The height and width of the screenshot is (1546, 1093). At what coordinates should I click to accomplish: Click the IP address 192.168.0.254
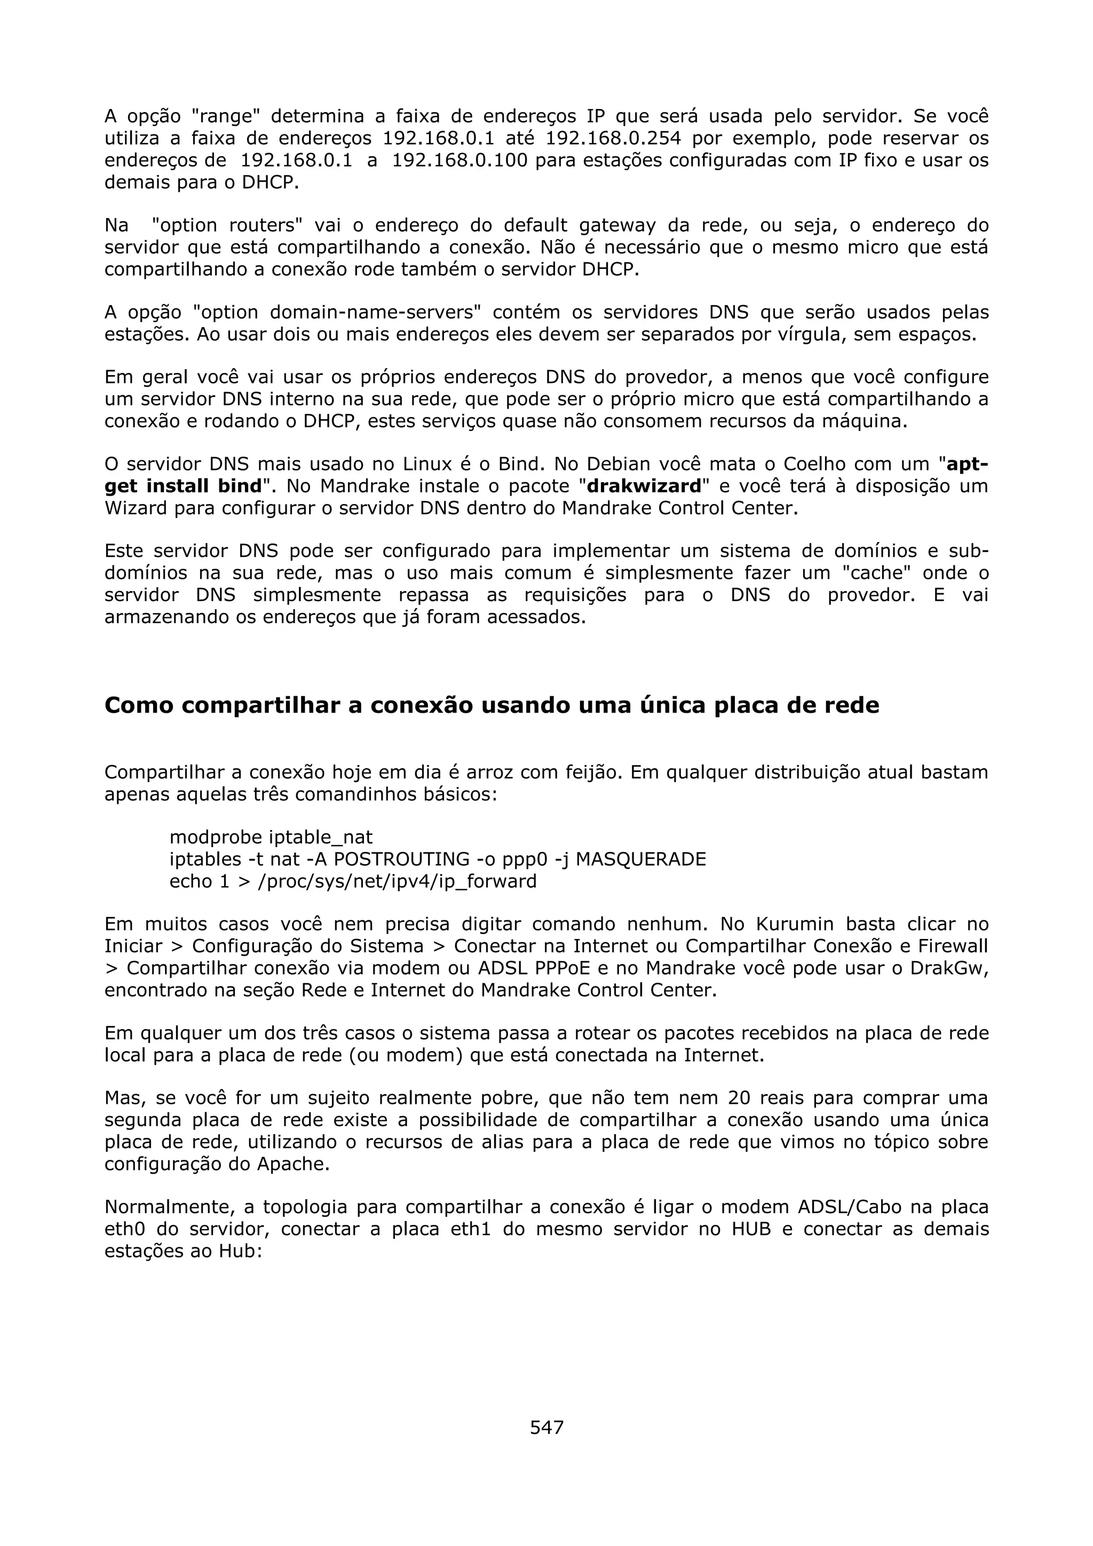click(613, 139)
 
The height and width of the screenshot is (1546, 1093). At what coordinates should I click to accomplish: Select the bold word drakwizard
click(645, 486)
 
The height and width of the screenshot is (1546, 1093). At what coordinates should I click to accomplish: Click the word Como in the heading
click(139, 705)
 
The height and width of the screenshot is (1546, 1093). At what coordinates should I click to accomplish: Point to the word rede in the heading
click(851, 705)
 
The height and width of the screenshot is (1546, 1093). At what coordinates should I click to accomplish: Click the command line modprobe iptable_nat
click(271, 837)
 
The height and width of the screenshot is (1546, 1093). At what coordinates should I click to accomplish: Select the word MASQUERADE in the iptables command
click(641, 859)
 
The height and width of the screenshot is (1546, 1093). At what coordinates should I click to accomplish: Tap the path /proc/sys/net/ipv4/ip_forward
click(397, 881)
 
